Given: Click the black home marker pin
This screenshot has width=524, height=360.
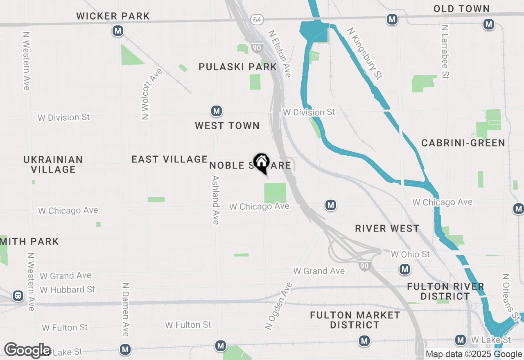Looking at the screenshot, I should (261, 162).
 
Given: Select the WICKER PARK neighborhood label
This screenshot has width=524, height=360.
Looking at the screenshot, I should (113, 16).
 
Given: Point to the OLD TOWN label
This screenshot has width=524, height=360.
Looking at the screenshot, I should (462, 9).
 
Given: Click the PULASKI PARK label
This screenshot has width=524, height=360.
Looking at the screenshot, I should (237, 67).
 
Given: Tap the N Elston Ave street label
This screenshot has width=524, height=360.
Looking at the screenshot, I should (280, 54).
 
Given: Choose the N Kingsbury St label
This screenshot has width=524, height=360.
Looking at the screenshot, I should (364, 53).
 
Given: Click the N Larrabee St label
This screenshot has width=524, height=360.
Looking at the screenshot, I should (445, 51).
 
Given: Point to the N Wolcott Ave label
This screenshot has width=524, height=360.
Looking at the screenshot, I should (151, 94).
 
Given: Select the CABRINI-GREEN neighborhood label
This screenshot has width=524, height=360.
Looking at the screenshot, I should (463, 143).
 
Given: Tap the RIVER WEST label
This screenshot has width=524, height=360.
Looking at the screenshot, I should (387, 228).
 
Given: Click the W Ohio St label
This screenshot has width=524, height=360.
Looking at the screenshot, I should (410, 254).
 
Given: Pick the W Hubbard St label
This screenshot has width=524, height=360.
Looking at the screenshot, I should (68, 290).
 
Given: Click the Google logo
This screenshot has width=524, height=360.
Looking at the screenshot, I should (27, 351).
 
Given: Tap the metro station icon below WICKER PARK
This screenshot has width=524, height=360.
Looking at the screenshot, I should (118, 31).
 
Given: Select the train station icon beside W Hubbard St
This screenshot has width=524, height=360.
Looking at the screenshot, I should (18, 295).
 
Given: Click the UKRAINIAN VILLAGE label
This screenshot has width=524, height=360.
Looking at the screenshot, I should (53, 164).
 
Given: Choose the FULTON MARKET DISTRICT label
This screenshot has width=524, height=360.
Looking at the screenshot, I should (355, 320).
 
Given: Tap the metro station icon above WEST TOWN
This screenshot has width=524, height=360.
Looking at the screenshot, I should (217, 111).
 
